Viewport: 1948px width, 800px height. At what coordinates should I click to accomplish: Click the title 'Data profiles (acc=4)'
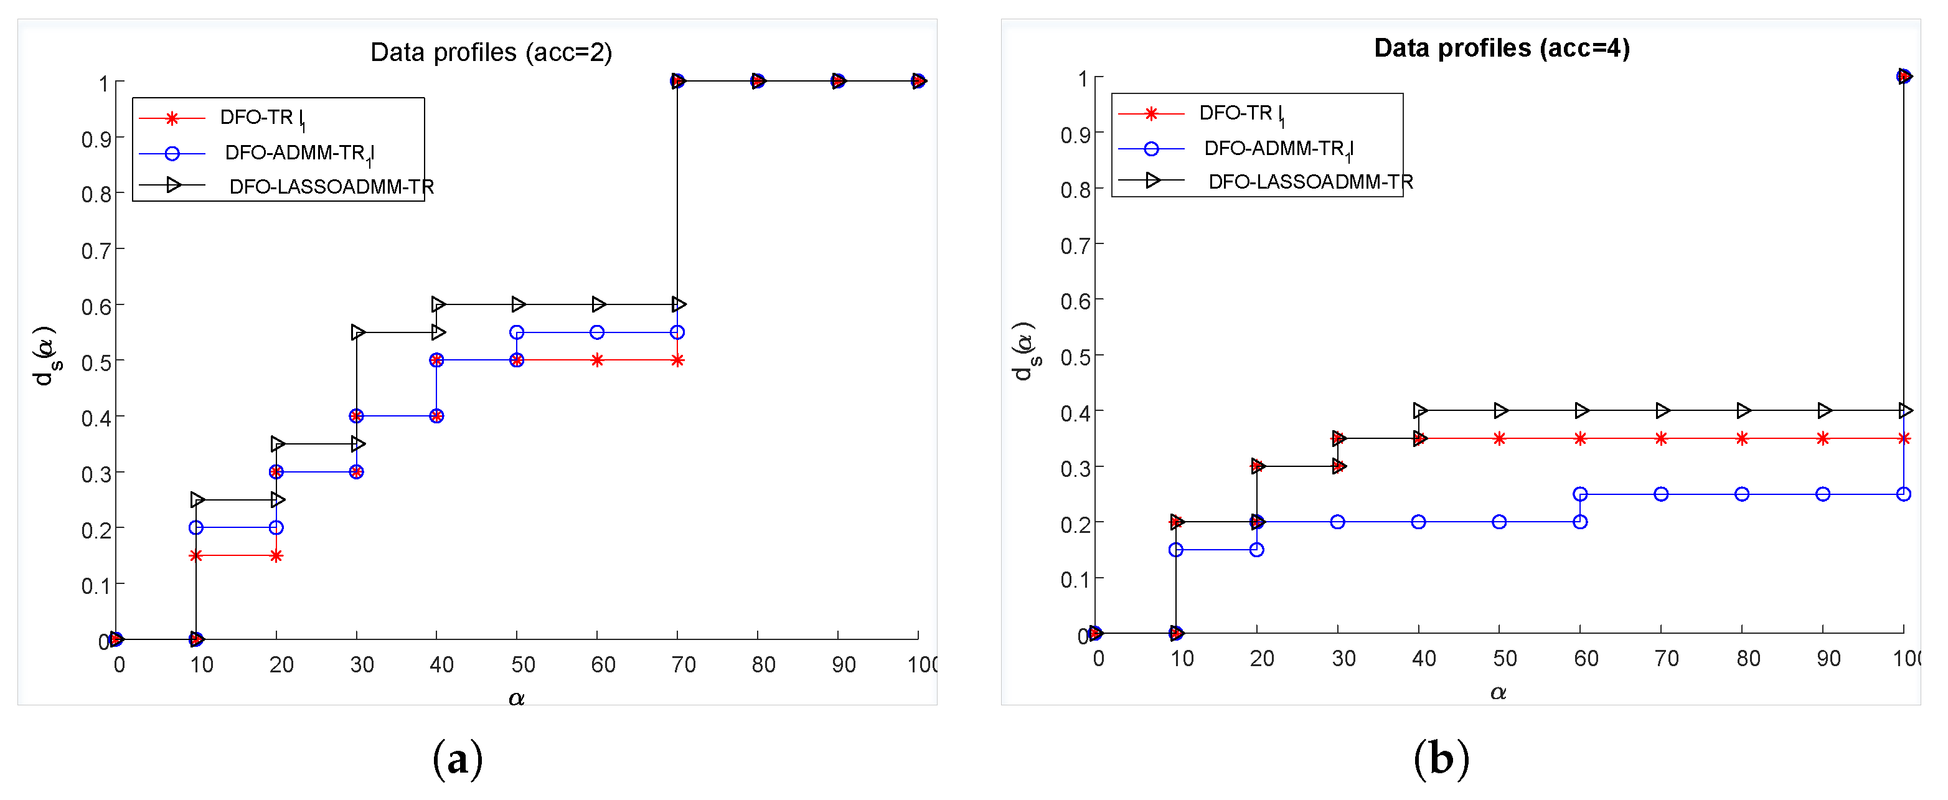(1501, 48)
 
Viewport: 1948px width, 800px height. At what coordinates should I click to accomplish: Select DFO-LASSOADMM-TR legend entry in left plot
(331, 186)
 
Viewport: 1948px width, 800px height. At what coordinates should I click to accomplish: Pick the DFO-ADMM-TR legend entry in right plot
(1277, 148)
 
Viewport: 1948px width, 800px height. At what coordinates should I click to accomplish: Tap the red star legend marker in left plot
(172, 118)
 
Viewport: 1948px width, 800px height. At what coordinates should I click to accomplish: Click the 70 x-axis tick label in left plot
(683, 665)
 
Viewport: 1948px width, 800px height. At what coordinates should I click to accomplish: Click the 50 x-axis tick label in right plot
(1504, 659)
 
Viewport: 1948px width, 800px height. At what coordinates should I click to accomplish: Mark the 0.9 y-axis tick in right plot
(1075, 134)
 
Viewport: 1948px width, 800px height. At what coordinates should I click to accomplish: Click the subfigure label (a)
(457, 758)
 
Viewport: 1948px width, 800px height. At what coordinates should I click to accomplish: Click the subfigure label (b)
(1441, 758)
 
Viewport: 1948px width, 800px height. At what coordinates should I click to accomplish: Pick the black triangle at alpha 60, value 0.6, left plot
(599, 304)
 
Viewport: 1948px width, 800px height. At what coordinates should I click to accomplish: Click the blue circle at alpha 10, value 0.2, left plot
(196, 527)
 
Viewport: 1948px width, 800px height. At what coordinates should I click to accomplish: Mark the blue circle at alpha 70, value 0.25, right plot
(1660, 494)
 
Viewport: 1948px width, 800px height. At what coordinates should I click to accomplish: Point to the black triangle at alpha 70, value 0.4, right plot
(1662, 411)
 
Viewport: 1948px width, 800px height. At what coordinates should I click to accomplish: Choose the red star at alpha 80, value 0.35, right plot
(1741, 438)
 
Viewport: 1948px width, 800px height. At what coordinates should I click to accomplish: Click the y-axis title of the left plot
(45, 355)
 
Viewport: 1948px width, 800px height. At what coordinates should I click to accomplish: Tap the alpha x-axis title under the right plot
(1498, 692)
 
